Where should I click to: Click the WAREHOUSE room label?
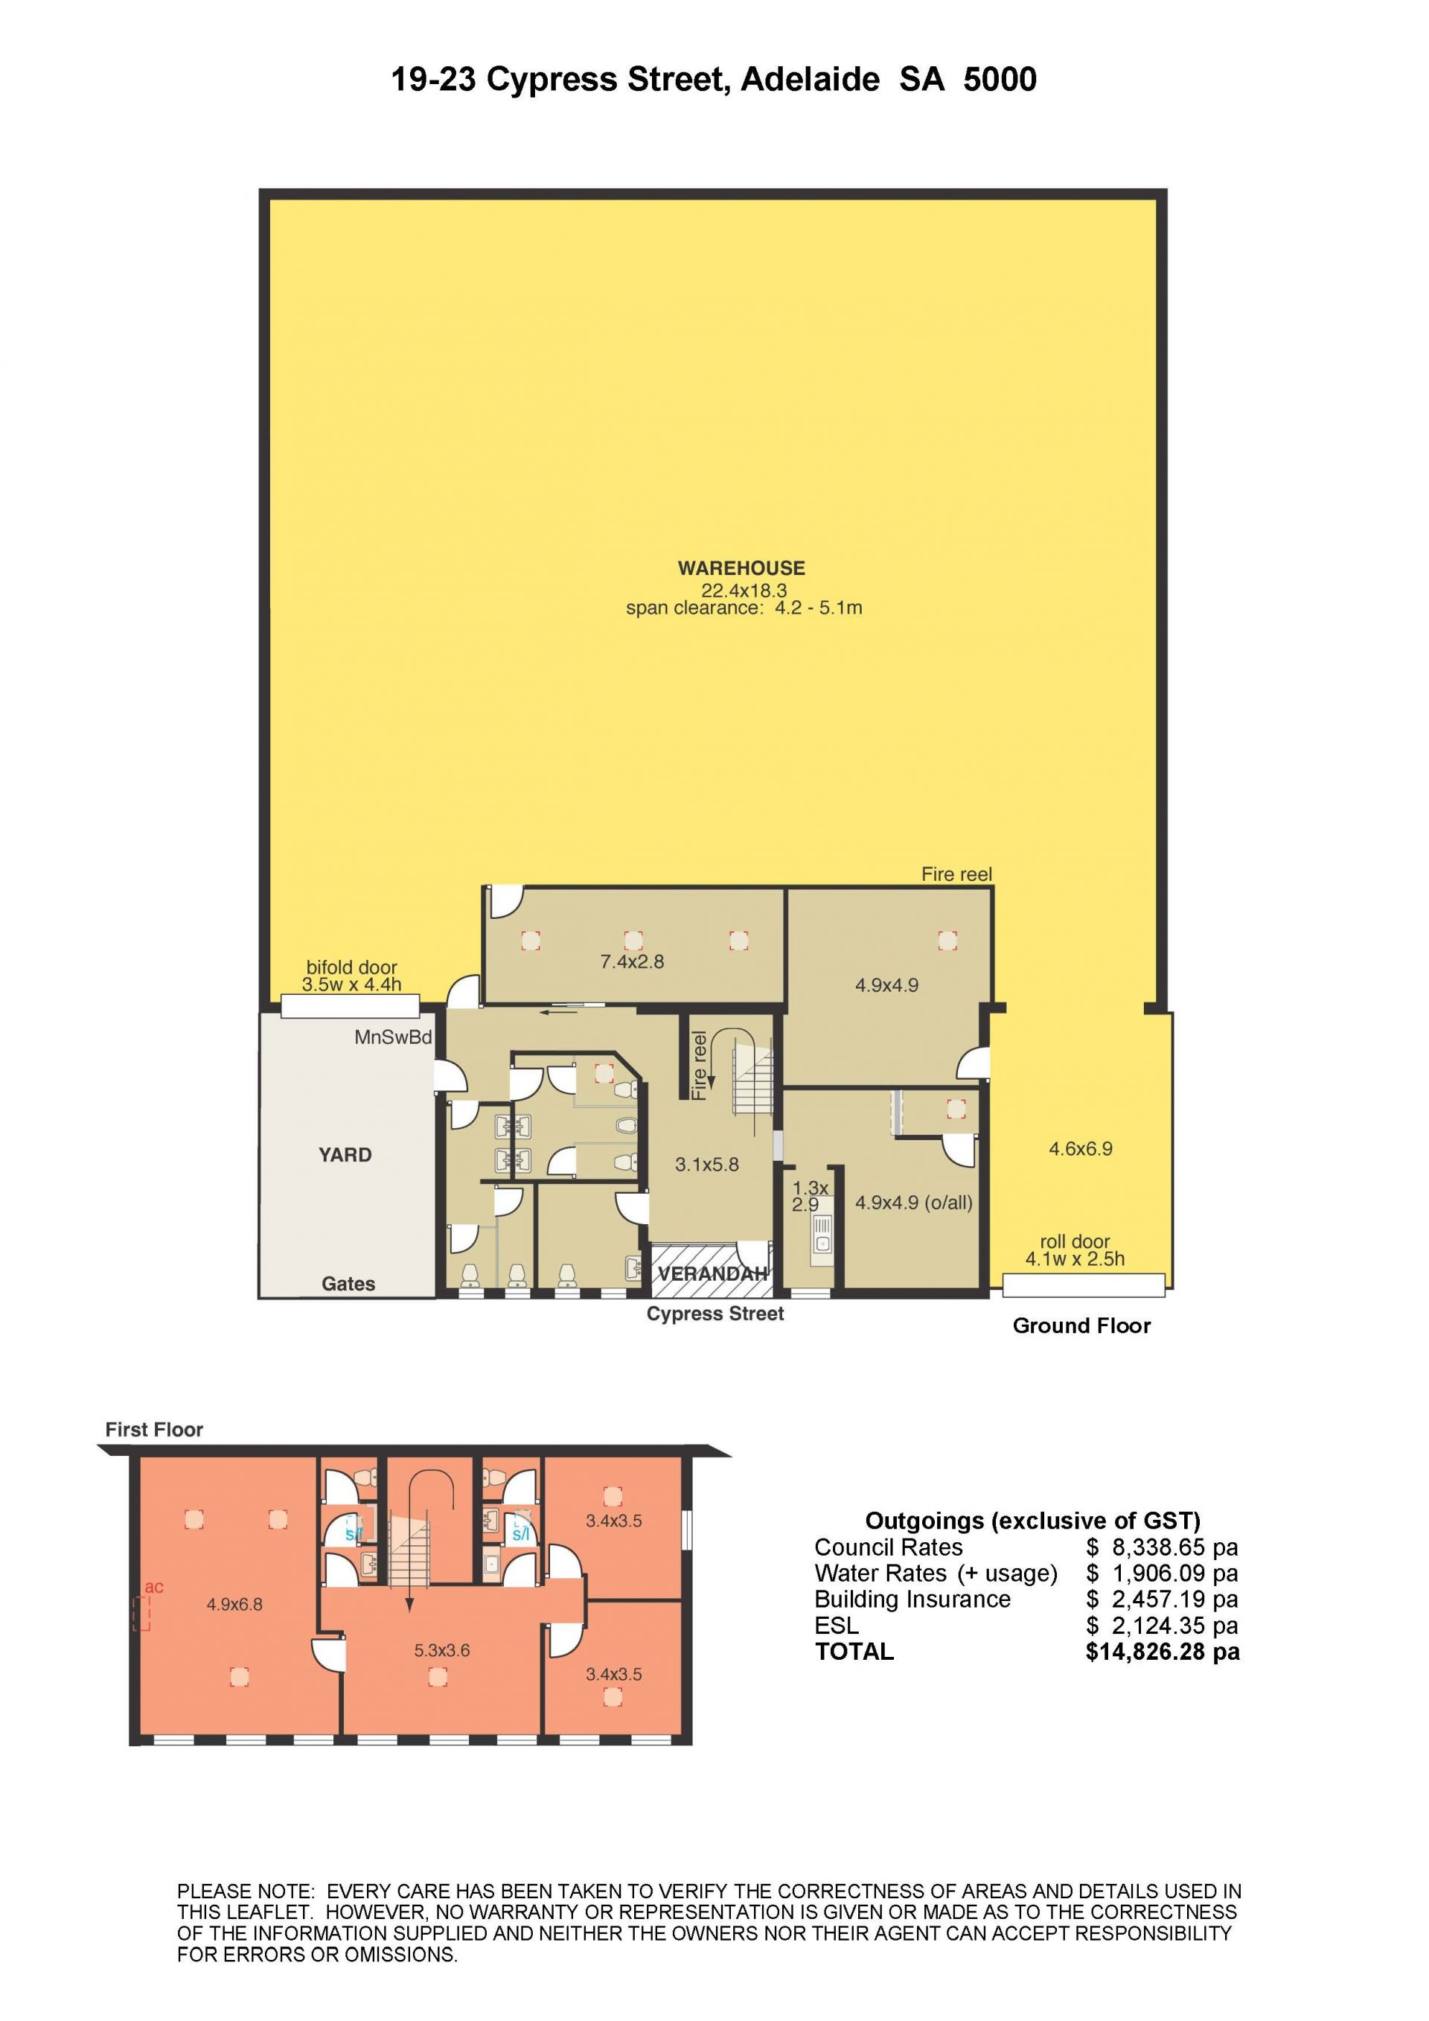point(741,569)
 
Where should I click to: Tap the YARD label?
point(345,1155)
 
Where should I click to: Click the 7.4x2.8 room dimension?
point(632,962)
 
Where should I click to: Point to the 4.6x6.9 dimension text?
point(1081,1149)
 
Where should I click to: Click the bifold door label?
point(351,968)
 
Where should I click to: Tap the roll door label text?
point(1075,1242)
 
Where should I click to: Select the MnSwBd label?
point(393,1038)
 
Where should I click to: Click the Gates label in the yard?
point(348,1285)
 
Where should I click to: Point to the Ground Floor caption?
point(1081,1326)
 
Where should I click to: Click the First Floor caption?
point(154,1430)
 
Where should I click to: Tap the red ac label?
point(154,1587)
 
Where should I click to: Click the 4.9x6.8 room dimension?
point(235,1605)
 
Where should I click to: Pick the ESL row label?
point(836,1626)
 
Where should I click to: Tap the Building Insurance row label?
point(912,1600)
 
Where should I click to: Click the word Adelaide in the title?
point(810,80)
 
